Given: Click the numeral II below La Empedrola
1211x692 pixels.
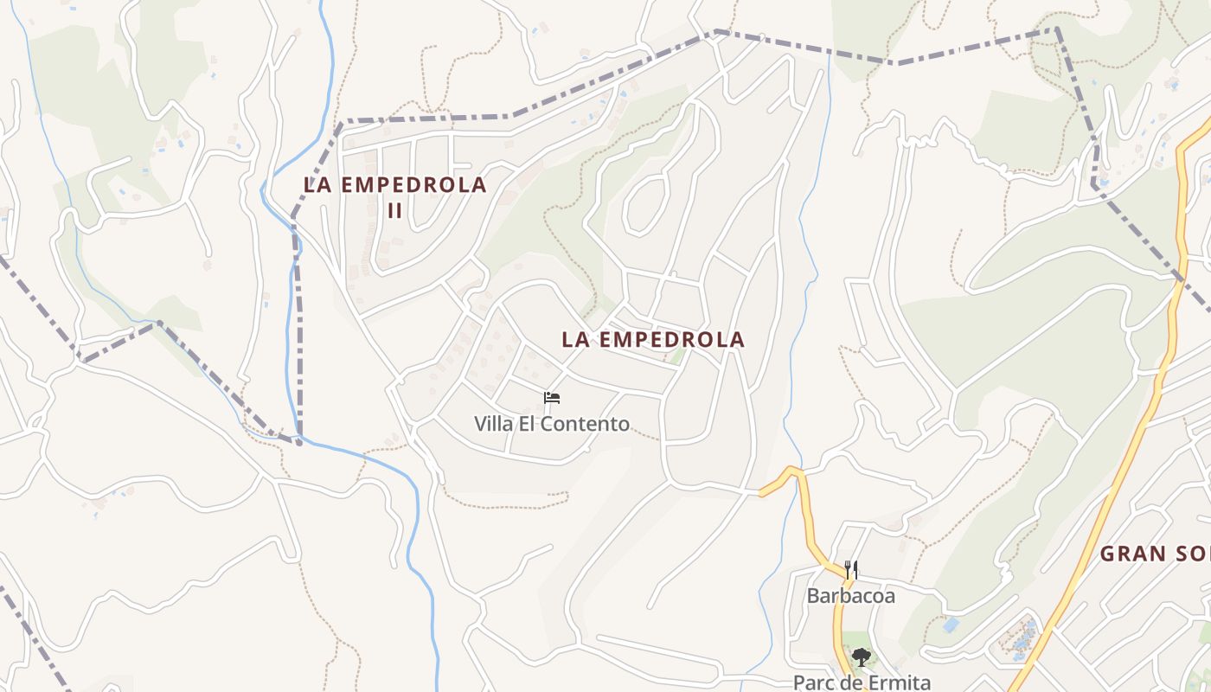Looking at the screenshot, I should click(x=394, y=211).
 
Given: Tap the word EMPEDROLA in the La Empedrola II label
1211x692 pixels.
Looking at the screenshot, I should click(x=413, y=185).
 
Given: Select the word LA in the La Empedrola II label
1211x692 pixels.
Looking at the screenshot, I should click(x=317, y=185).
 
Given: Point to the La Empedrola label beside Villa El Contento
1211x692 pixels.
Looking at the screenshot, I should click(x=653, y=340).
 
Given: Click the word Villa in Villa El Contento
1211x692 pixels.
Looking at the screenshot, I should click(x=494, y=425).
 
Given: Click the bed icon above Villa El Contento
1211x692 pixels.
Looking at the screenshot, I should click(x=552, y=398).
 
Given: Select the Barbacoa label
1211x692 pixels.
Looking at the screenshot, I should click(x=851, y=596).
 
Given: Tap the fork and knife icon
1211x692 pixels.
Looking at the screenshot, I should click(x=851, y=569).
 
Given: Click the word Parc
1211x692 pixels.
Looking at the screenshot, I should click(x=813, y=682).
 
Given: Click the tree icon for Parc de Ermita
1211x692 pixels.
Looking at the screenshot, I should click(x=861, y=657).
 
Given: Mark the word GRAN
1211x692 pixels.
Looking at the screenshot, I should click(x=1131, y=554).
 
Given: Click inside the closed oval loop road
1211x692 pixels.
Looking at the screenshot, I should click(x=645, y=204).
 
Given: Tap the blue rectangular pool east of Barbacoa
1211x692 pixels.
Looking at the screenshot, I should click(x=951, y=624).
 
